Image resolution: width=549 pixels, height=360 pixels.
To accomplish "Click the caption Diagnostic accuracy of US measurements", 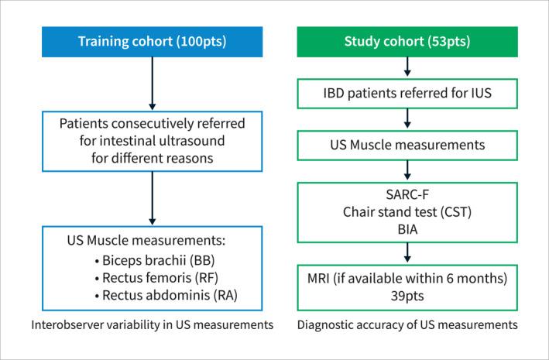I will [x=407, y=325].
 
